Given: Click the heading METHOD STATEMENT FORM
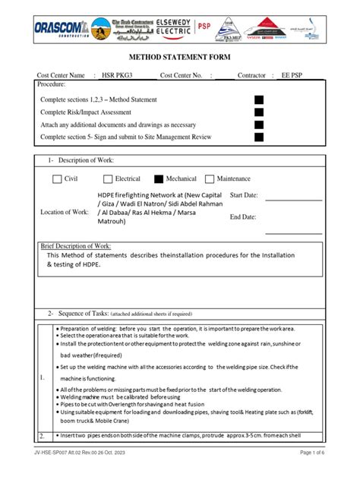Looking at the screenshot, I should [x=180, y=57].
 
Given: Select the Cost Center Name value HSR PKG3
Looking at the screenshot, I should [x=117, y=76].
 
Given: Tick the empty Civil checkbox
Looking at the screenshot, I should [x=57, y=179].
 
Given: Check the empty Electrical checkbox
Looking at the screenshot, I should [x=108, y=179].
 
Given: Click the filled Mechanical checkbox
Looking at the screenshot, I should [x=159, y=179].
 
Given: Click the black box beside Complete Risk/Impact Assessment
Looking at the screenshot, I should [x=259, y=112].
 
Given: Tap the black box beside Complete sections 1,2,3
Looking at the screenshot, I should [x=259, y=99].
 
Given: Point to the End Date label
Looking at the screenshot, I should [x=244, y=217].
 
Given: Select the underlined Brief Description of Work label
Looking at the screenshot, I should [x=75, y=248].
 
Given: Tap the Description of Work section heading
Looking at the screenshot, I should [x=84, y=160].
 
